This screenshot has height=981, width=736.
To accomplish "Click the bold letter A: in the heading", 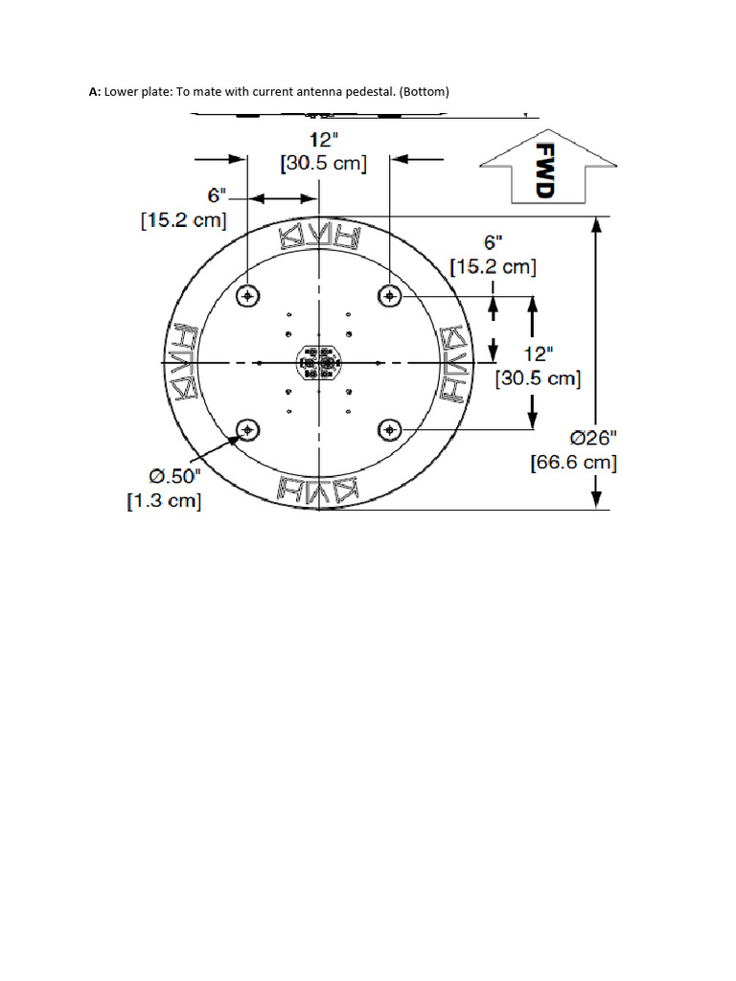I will pos(95,92).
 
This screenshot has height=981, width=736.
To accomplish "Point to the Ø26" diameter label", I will pos(593,438).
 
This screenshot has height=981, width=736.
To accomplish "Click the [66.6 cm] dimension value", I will pos(574,463).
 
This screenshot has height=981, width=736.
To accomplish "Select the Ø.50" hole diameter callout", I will pos(175,475).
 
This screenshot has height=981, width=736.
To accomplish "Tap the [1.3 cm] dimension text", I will pos(164,501).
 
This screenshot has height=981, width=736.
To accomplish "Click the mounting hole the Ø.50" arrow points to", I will pos(248,429).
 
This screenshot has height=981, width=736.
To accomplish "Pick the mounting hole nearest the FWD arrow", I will pos(389,296).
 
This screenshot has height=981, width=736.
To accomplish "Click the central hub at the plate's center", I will pos(318,363).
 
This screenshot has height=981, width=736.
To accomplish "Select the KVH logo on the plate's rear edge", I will pos(318,489).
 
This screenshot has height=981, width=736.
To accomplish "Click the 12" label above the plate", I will pos(325,140).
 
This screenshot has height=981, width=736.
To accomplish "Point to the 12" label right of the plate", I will pos(538,354).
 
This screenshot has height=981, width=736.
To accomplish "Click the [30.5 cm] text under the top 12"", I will pos(324,164).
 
